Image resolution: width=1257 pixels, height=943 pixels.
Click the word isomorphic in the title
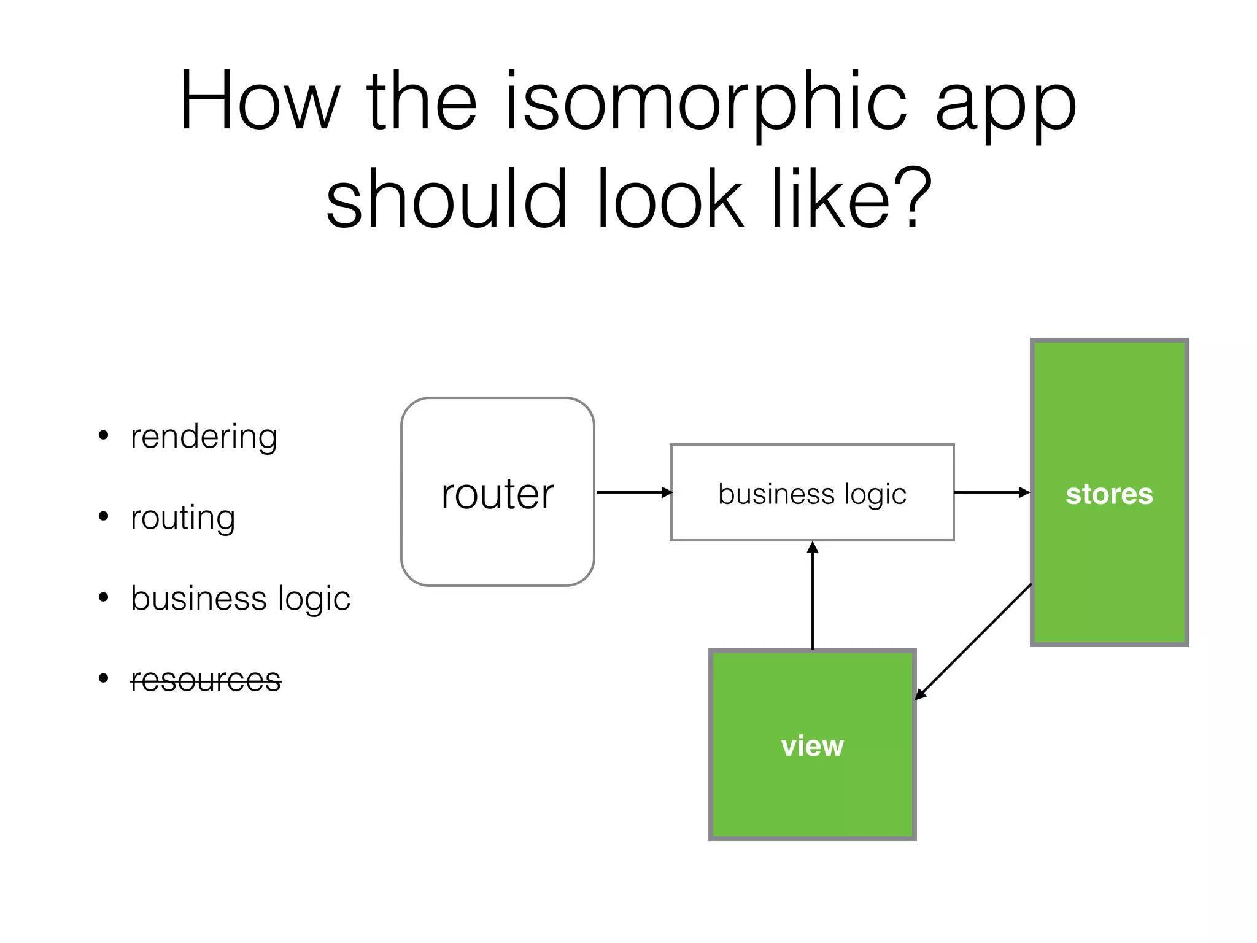point(706,101)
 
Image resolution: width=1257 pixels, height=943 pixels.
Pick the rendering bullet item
point(204,437)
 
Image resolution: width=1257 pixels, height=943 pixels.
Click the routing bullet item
point(183,518)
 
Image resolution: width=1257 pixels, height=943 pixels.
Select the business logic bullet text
point(240,599)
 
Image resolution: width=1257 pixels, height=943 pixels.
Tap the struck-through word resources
point(206,680)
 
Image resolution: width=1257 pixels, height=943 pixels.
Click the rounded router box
point(497,540)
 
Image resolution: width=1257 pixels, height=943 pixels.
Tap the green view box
point(812,792)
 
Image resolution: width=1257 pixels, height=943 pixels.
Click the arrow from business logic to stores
point(991,492)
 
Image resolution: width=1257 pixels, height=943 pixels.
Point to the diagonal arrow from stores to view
point(973,642)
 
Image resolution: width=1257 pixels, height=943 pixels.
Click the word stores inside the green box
point(1109,494)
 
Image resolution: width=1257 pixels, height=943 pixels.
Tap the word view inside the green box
point(812,746)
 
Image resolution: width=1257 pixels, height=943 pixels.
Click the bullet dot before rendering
point(104,436)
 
